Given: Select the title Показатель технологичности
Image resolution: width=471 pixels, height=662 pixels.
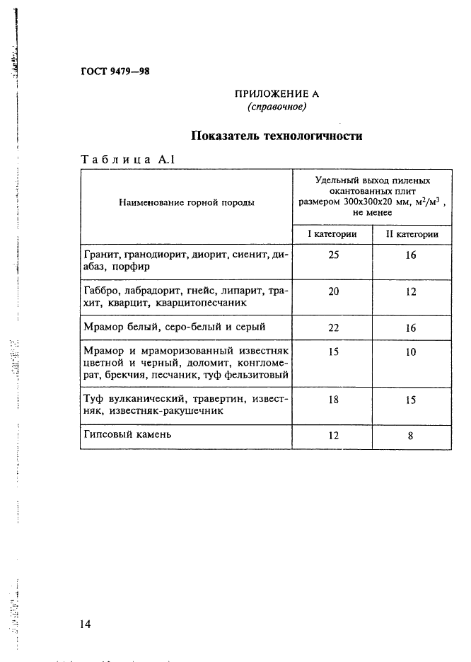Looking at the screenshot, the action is (277, 136).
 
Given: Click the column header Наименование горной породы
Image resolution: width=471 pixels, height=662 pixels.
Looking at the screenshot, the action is (187, 202).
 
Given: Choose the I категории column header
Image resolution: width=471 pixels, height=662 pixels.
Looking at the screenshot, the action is (331, 234).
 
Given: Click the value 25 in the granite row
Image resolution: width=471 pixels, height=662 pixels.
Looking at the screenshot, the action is (333, 255).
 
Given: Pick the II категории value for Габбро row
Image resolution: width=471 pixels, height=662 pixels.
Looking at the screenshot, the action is (411, 291).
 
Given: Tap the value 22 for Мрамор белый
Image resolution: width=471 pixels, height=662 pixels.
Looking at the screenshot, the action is (333, 327).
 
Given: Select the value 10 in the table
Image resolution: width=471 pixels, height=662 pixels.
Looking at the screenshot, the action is (411, 352).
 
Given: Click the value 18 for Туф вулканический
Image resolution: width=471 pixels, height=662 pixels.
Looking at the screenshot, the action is (333, 400).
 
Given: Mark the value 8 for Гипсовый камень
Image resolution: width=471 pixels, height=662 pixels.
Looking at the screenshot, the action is (411, 436).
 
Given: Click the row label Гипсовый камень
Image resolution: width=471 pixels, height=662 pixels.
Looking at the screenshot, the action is (127, 434).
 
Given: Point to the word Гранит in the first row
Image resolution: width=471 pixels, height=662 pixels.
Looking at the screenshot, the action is (100, 255).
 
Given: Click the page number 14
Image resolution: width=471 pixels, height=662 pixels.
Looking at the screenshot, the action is (86, 624).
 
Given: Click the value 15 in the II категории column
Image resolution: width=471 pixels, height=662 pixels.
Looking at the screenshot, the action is (411, 400).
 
